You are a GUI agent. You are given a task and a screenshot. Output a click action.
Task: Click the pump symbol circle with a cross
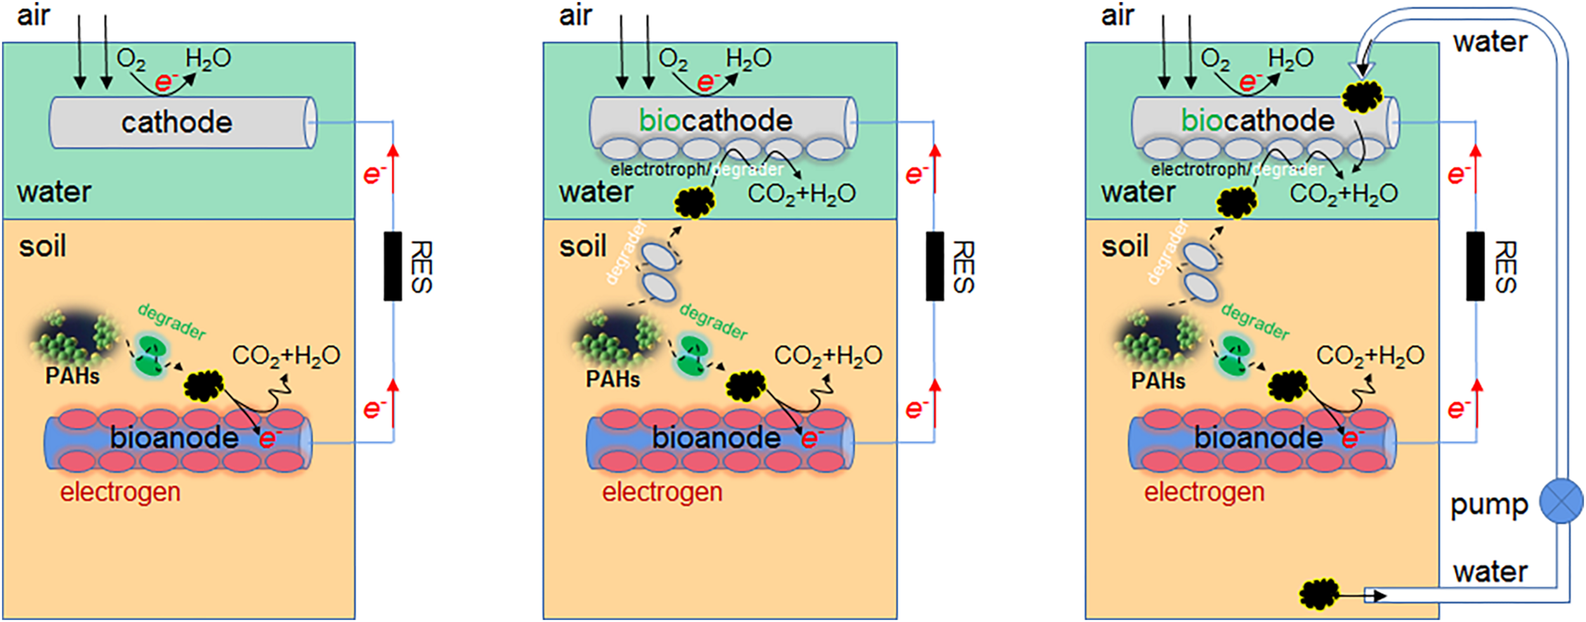pyautogui.click(x=1561, y=500)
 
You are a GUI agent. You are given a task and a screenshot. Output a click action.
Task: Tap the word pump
pyautogui.click(x=1488, y=505)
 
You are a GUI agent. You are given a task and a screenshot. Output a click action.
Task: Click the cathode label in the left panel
pyautogui.click(x=176, y=122)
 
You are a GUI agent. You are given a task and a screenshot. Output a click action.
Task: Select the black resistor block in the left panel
pyautogui.click(x=393, y=266)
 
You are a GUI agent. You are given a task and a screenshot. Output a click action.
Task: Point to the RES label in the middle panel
pyautogui.click(x=963, y=267)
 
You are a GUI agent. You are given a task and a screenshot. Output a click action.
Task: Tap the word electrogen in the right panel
pyautogui.click(x=1204, y=492)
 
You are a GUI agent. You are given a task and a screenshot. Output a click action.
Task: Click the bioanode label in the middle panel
pyautogui.click(x=716, y=438)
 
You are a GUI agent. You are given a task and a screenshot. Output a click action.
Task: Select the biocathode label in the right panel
pyautogui.click(x=1257, y=120)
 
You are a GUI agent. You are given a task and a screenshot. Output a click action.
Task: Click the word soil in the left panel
pyautogui.click(x=42, y=246)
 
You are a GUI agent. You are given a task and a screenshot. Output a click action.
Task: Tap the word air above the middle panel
pyautogui.click(x=575, y=15)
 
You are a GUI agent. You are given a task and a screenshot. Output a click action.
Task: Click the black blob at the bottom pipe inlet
pyautogui.click(x=1319, y=594)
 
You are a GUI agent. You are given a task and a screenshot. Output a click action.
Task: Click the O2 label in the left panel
pyautogui.click(x=131, y=60)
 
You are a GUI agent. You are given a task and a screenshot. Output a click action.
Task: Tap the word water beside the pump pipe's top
pyautogui.click(x=1490, y=42)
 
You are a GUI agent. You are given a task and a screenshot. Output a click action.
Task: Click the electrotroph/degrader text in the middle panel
pyautogui.click(x=697, y=170)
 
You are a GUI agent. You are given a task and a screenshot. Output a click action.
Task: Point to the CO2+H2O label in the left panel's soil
pyautogui.click(x=285, y=356)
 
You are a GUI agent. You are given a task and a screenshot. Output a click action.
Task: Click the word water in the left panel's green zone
pyautogui.click(x=54, y=191)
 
